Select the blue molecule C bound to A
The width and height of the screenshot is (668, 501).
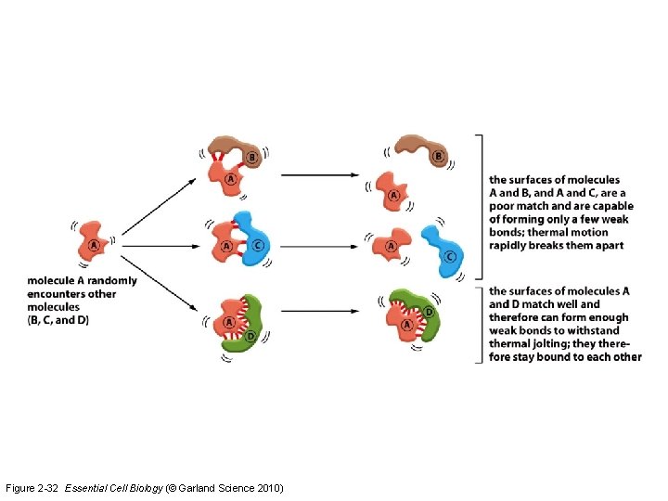coord(251,237)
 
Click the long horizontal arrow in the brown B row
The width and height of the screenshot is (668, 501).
coord(320,173)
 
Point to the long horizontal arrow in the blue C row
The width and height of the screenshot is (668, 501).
coord(320,247)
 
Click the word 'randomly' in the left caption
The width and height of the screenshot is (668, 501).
coord(111,281)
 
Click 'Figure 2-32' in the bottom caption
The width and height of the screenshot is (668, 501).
coord(32,488)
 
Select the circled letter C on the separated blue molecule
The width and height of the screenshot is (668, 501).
coord(449,256)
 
